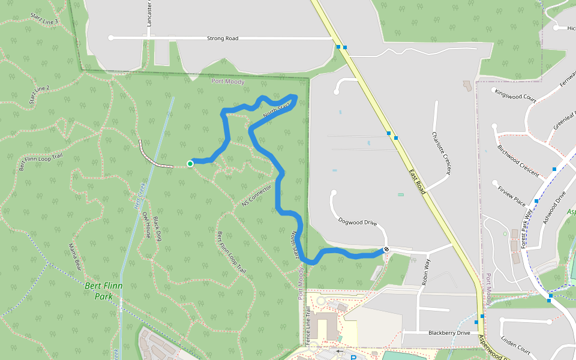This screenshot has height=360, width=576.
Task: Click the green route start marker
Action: click(x=190, y=163)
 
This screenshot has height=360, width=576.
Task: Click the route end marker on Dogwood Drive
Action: click(x=386, y=250)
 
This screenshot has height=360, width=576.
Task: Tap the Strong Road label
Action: click(x=223, y=38)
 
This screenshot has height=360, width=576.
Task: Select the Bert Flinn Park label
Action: click(x=103, y=291)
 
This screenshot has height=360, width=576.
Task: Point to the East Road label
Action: click(x=418, y=182)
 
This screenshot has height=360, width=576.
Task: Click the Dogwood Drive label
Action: click(x=357, y=223)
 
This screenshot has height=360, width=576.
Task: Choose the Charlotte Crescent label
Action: click(x=441, y=153)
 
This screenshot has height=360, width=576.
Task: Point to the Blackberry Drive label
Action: click(x=449, y=332)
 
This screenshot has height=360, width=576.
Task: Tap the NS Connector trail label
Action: click(x=257, y=195)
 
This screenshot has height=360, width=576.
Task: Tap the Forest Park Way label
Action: click(x=527, y=229)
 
